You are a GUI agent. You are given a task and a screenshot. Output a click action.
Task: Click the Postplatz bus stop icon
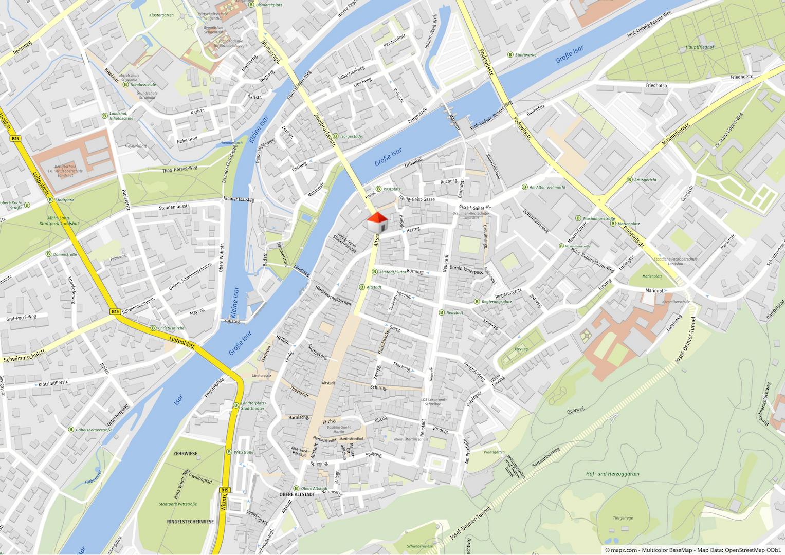(x=379, y=189)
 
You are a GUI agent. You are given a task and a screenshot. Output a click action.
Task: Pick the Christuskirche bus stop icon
(x=153, y=328)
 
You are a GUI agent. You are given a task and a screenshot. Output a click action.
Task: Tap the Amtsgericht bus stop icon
(x=629, y=180)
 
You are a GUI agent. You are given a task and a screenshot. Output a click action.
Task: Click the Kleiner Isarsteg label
(x=239, y=198)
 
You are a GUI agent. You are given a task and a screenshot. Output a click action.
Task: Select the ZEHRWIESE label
(x=186, y=454)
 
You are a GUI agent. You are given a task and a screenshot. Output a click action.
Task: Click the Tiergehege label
(x=623, y=518)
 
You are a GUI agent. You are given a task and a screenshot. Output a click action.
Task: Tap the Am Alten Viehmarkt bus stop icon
(x=524, y=187)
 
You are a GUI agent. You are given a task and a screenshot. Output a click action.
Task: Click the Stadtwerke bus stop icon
(x=510, y=54)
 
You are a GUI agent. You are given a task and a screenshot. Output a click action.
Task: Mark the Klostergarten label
(x=161, y=15)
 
